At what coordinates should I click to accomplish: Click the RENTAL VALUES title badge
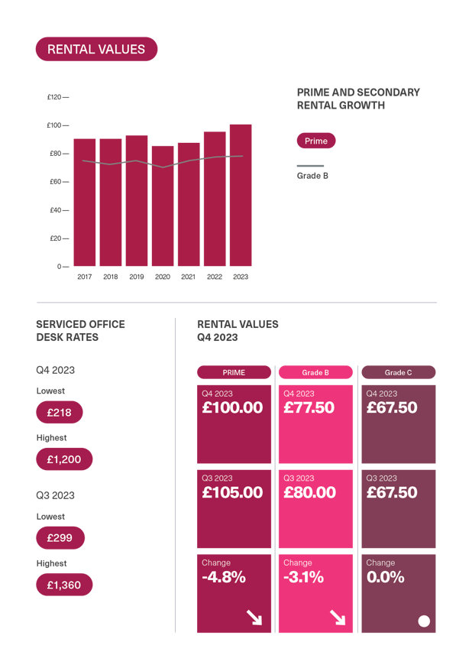click(96, 50)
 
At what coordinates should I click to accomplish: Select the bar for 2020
click(163, 206)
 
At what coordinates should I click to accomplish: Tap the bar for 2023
click(241, 195)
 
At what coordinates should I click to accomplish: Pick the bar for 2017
click(85, 203)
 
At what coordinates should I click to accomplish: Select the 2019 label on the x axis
click(137, 277)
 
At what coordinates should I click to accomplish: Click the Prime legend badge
click(316, 141)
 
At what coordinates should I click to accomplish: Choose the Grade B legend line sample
click(310, 165)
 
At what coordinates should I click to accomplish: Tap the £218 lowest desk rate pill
click(60, 413)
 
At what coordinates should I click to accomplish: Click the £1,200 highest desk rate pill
click(64, 459)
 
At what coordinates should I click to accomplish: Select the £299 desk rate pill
click(60, 538)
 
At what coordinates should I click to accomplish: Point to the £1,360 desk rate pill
click(64, 585)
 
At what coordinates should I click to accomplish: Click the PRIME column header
click(234, 372)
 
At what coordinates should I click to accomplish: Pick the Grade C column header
click(398, 372)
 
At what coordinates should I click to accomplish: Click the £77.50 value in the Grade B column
click(309, 408)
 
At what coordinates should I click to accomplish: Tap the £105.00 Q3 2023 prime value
click(232, 493)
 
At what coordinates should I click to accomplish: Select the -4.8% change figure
click(224, 577)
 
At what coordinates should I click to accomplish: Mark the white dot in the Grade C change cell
click(424, 621)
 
